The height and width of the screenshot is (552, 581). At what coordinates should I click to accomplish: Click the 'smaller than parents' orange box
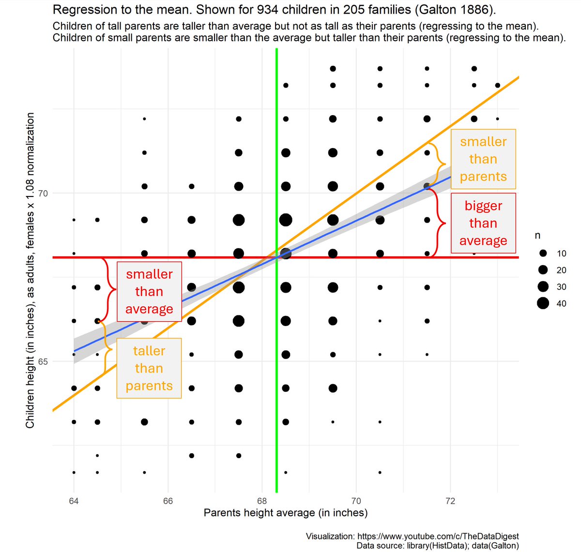[x=483, y=159]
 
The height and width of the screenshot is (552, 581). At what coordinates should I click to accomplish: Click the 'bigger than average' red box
[x=483, y=223]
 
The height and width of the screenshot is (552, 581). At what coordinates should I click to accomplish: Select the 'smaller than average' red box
[x=149, y=292]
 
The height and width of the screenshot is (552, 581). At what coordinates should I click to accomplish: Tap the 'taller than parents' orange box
[x=149, y=368]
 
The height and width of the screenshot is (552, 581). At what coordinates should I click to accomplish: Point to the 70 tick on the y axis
[x=43, y=194]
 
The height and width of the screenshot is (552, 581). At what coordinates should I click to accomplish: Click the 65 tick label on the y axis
[x=43, y=361]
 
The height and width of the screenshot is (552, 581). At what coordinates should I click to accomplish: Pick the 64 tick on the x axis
[x=74, y=501]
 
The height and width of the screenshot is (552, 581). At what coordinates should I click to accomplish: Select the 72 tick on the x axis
[x=450, y=501]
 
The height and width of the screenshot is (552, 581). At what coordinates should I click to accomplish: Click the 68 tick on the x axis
[x=262, y=501]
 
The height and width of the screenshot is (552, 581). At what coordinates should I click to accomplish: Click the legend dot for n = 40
[x=543, y=303]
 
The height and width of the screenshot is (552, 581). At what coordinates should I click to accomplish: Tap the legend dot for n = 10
[x=543, y=254]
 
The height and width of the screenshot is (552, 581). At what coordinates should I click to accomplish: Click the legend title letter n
[x=537, y=236]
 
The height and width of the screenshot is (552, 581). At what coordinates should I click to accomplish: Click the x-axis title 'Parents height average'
[x=285, y=513]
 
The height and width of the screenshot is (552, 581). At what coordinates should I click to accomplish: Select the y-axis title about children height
[x=30, y=270]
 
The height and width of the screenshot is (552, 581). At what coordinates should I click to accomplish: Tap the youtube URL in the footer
[x=438, y=536]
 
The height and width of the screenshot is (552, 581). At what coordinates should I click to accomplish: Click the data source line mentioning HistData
[x=438, y=546]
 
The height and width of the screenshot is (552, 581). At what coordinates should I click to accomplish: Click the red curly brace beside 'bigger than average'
[x=440, y=223]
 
